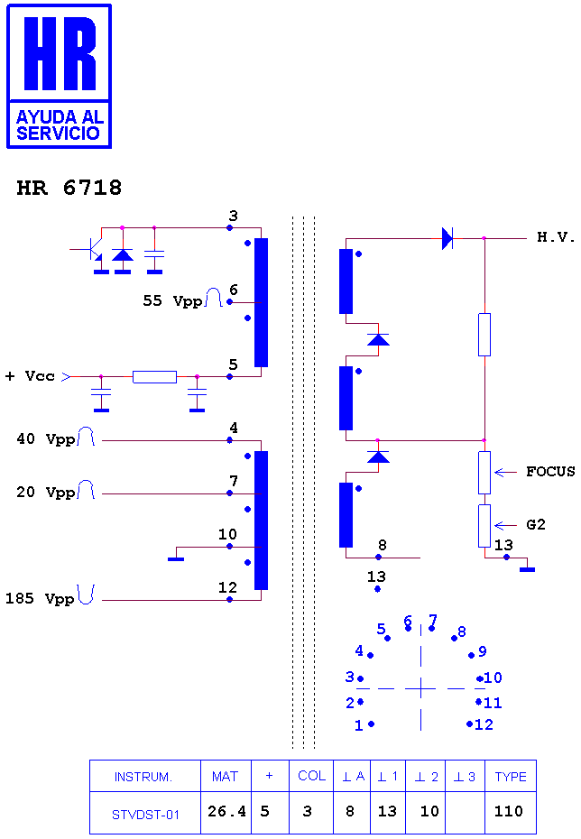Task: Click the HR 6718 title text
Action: click(x=69, y=188)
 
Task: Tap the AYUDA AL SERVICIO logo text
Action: click(x=59, y=124)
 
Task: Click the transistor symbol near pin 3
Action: click(x=92, y=249)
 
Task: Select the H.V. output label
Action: click(x=556, y=237)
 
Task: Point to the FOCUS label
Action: click(x=550, y=472)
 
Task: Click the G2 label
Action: click(x=536, y=524)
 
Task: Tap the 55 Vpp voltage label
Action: click(x=173, y=300)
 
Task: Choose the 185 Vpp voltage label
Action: click(x=40, y=598)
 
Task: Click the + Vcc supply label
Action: click(x=30, y=376)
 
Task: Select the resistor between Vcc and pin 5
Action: click(x=154, y=377)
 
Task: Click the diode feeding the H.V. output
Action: click(x=447, y=238)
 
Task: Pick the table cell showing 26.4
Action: click(x=226, y=811)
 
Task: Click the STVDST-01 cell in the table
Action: click(x=145, y=815)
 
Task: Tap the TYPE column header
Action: click(x=511, y=777)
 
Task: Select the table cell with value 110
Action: click(x=508, y=811)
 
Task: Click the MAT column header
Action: click(x=225, y=777)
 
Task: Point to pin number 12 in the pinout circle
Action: click(x=484, y=724)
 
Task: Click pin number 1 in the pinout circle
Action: click(x=358, y=725)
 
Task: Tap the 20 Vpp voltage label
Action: click(x=46, y=492)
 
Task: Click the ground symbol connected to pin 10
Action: click(x=176, y=558)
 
